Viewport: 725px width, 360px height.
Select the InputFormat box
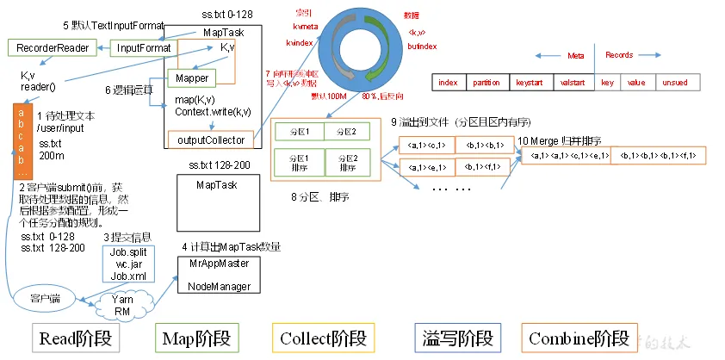[143, 47]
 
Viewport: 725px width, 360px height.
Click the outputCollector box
[211, 140]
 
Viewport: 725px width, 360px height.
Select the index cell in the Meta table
[448, 83]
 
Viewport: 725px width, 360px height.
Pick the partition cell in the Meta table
[488, 83]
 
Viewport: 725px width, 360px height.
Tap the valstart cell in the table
[573, 83]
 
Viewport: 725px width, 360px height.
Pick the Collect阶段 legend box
[323, 338]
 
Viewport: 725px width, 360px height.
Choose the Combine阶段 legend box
[579, 338]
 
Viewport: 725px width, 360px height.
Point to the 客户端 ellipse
[44, 298]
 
